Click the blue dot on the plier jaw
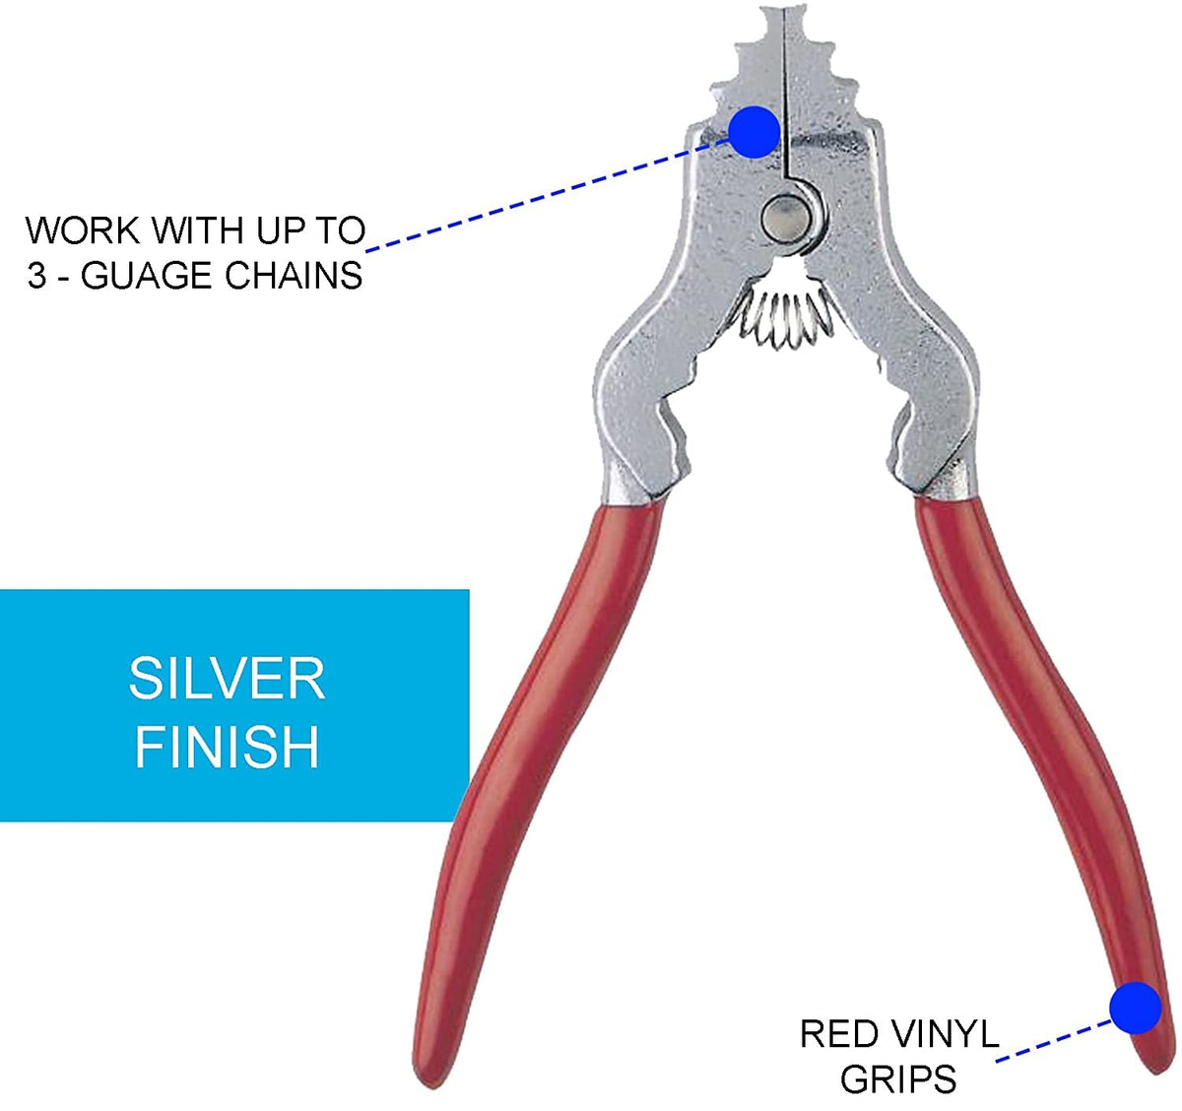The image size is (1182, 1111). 755,131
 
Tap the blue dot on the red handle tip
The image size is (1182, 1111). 1135,1008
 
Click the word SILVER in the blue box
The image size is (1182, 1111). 227,679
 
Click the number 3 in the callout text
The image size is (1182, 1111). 37,276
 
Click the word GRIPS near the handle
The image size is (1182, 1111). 898,1079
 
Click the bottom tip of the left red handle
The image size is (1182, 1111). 426,1069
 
